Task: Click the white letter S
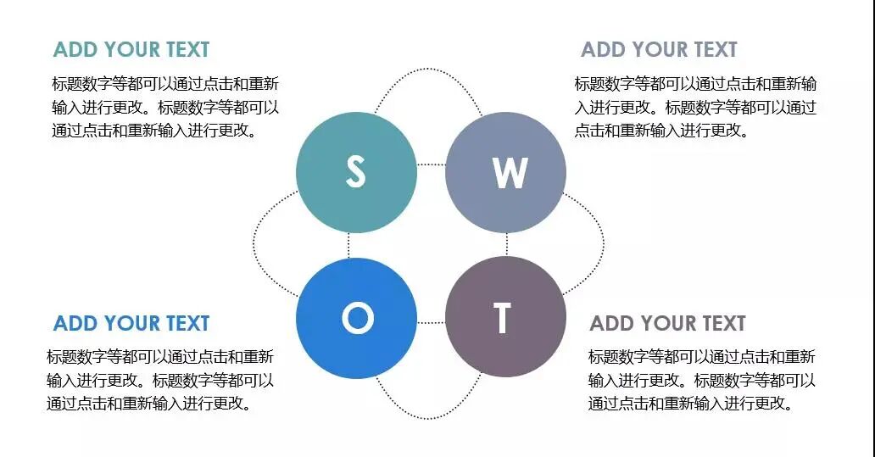tap(356, 172)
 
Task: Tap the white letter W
tap(510, 173)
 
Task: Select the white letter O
tap(357, 319)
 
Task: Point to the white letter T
tap(503, 318)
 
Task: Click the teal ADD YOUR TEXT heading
tap(131, 49)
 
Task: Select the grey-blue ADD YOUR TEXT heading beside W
tap(659, 49)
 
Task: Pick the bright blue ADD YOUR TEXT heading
tap(131, 323)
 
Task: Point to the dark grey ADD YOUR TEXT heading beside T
tap(667, 323)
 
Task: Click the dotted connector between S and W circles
tap(431, 165)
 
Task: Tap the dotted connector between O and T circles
tap(431, 323)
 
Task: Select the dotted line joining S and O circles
tap(348, 245)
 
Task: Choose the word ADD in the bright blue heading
tap(75, 323)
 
